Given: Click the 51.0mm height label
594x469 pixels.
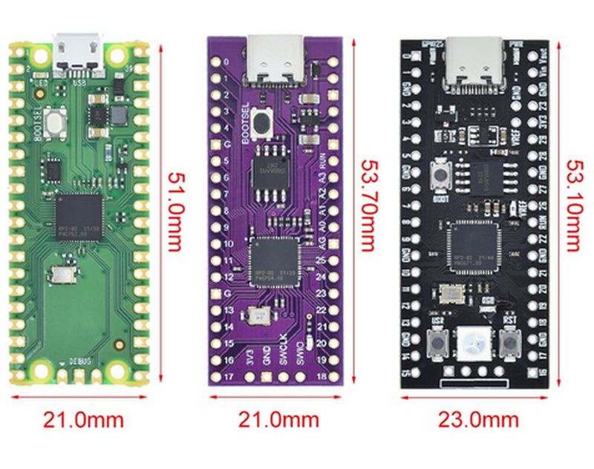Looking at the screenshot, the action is coord(176,211).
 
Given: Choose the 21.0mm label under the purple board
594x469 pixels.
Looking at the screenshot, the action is coord(278,420).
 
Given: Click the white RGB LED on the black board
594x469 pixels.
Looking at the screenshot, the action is coord(474,343).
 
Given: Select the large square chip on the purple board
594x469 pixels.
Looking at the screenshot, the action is coord(275,260).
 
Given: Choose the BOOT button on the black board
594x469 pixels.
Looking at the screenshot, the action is coord(440,175).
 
